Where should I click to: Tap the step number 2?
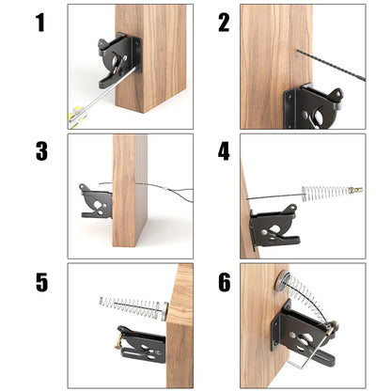click(x=224, y=23)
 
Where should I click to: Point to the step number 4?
click(x=224, y=151)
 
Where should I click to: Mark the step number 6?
click(x=224, y=281)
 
